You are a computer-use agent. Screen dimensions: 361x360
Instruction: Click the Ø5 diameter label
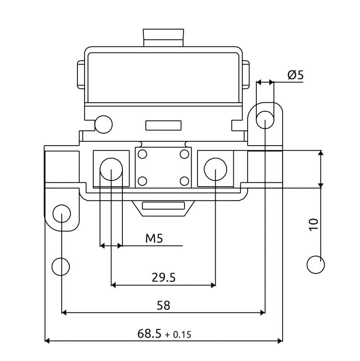(295, 75)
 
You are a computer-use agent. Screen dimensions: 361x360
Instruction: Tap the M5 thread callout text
(154, 238)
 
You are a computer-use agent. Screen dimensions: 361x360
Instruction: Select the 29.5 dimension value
(164, 277)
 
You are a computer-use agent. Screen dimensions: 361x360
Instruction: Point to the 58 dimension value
(164, 305)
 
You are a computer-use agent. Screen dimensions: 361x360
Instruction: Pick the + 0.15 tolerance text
(178, 334)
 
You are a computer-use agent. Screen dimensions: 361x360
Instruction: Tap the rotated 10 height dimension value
(314, 224)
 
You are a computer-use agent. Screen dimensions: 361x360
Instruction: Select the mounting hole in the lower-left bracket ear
(62, 213)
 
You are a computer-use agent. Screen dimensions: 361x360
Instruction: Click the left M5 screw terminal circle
(111, 169)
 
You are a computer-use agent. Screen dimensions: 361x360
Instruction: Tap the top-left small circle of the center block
(142, 154)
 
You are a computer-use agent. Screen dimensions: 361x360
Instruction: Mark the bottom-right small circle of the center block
(185, 181)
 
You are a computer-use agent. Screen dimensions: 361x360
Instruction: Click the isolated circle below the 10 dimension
(316, 264)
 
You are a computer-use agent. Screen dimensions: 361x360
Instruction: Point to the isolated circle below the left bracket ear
(61, 266)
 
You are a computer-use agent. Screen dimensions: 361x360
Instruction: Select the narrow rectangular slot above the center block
(163, 125)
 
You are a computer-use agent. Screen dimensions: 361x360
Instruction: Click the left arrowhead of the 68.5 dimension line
(47, 340)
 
